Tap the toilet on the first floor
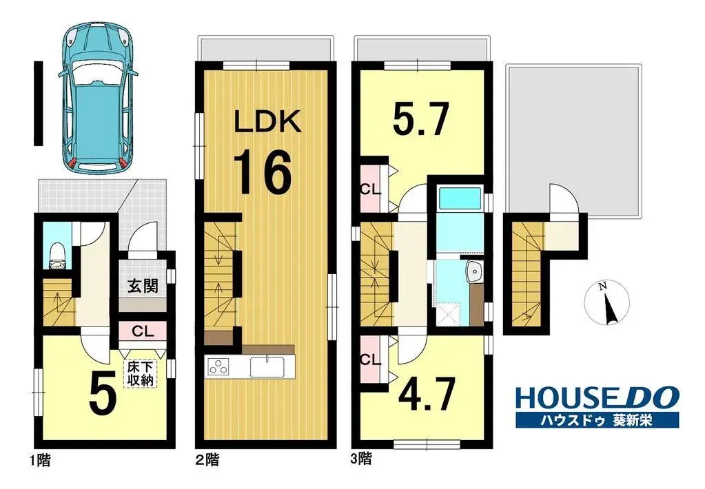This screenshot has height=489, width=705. [x=57, y=256]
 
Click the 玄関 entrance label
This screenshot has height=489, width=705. [x=143, y=286]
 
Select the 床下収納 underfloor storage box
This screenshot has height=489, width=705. [x=141, y=373]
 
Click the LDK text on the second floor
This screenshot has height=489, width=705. [x=268, y=121]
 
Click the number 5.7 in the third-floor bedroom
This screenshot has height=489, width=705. [x=420, y=120]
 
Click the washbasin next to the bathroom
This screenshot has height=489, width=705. [x=474, y=271]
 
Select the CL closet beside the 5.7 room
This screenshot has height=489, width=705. [x=371, y=189]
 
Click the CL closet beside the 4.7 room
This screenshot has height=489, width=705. [x=371, y=360]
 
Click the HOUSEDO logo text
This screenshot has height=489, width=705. [x=597, y=399]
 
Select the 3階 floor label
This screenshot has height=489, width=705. [x=361, y=459]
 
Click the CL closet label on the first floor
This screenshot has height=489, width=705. [x=143, y=332]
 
